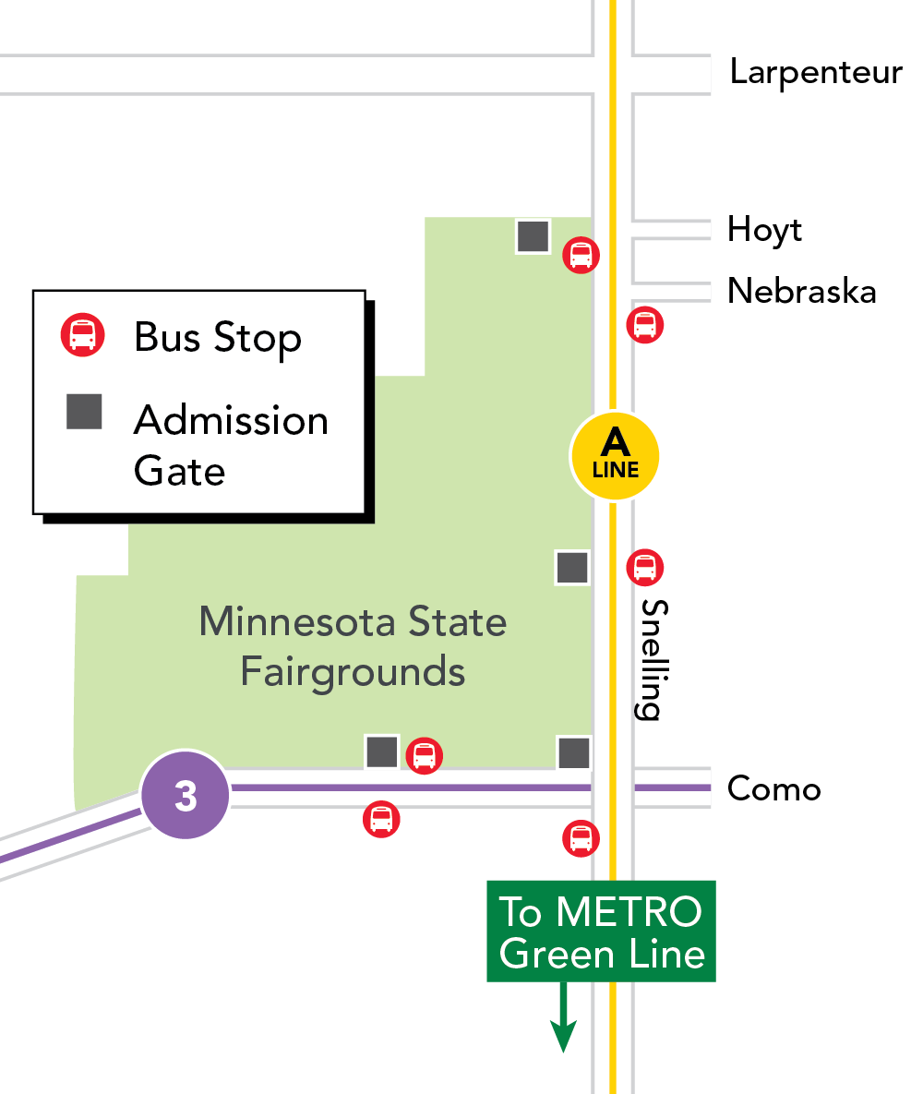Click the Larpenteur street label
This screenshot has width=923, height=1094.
pos(815,72)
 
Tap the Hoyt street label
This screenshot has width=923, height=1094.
pos(764,229)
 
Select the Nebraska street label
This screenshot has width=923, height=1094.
pos(801,291)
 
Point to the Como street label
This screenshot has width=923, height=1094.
pos(773,789)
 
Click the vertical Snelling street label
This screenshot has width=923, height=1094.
pos(651,659)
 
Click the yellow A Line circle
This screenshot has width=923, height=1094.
pos(615,456)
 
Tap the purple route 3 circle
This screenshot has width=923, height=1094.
pos(186,795)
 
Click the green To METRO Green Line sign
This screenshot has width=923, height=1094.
pos(601,932)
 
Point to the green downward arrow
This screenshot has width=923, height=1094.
pos(562,1025)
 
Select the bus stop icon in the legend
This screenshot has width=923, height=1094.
pos(83,335)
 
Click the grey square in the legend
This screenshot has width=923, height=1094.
pos(84,412)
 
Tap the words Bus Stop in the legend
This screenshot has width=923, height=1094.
pos(218,338)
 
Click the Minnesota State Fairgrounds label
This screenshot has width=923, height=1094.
pos(353,646)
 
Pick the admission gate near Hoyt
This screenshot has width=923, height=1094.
pos(533,235)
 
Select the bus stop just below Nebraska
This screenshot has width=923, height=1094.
pos(644,325)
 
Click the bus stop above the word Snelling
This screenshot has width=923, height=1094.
pos(644,567)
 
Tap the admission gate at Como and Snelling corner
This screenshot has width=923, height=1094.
pos(573,752)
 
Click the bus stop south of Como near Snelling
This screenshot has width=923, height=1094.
pos(581,838)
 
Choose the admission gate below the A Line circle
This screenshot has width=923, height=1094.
pos(571,567)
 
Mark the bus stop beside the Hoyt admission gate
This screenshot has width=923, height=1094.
pos(581,254)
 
